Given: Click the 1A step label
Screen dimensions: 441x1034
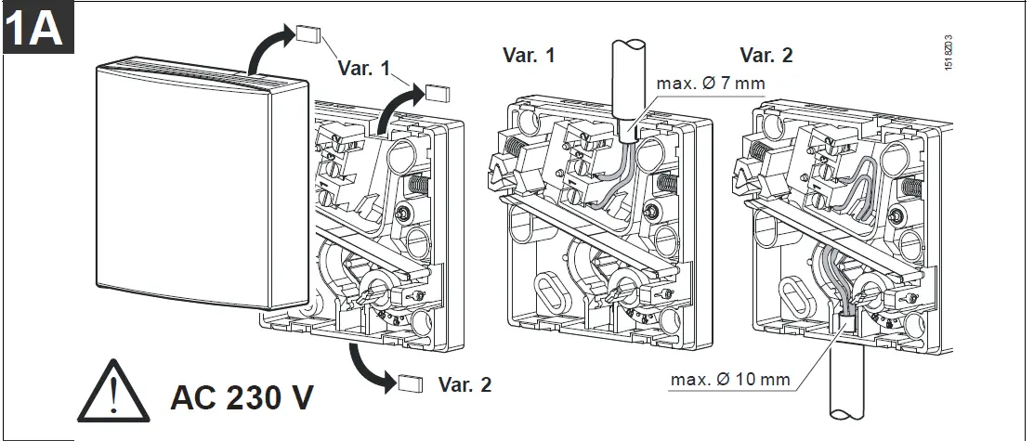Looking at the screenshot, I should pyautogui.click(x=33, y=31).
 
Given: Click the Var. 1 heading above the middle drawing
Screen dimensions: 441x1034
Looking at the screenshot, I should pyautogui.click(x=529, y=55).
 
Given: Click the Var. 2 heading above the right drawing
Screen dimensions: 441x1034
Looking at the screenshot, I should pyautogui.click(x=766, y=55).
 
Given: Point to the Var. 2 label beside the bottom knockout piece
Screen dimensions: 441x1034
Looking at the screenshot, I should pyautogui.click(x=465, y=383).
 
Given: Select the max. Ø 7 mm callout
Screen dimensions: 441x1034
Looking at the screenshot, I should pyautogui.click(x=711, y=84).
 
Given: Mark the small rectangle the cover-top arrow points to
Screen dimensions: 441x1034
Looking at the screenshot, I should pyautogui.click(x=308, y=34).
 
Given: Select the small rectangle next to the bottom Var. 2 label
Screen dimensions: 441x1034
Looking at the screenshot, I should pyautogui.click(x=410, y=383).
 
